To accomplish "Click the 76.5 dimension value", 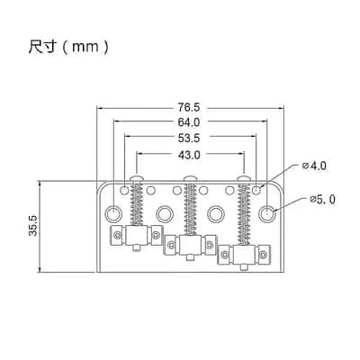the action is tap(188, 107).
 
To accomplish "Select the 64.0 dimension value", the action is tap(189, 122).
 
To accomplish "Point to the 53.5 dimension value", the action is tap(189, 139).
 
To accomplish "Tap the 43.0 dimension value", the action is tap(189, 155).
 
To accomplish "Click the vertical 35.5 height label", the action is tap(32, 226).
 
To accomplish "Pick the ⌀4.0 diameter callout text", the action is tap(314, 166).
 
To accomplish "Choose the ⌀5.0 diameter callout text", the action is tap(322, 200).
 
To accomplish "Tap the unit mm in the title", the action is tap(85, 48).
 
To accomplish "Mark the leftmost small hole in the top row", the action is tap(124, 190).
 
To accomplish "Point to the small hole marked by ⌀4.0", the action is tap(256, 190).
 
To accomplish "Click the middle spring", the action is tap(190, 208).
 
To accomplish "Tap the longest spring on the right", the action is tap(244, 213).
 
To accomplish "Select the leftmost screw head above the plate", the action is tap(138, 178).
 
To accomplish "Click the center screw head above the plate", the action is tap(190, 178).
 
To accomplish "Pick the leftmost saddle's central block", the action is tap(137, 235).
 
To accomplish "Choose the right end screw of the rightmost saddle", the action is tap(264, 255).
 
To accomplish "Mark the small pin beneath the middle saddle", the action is tap(190, 257).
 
